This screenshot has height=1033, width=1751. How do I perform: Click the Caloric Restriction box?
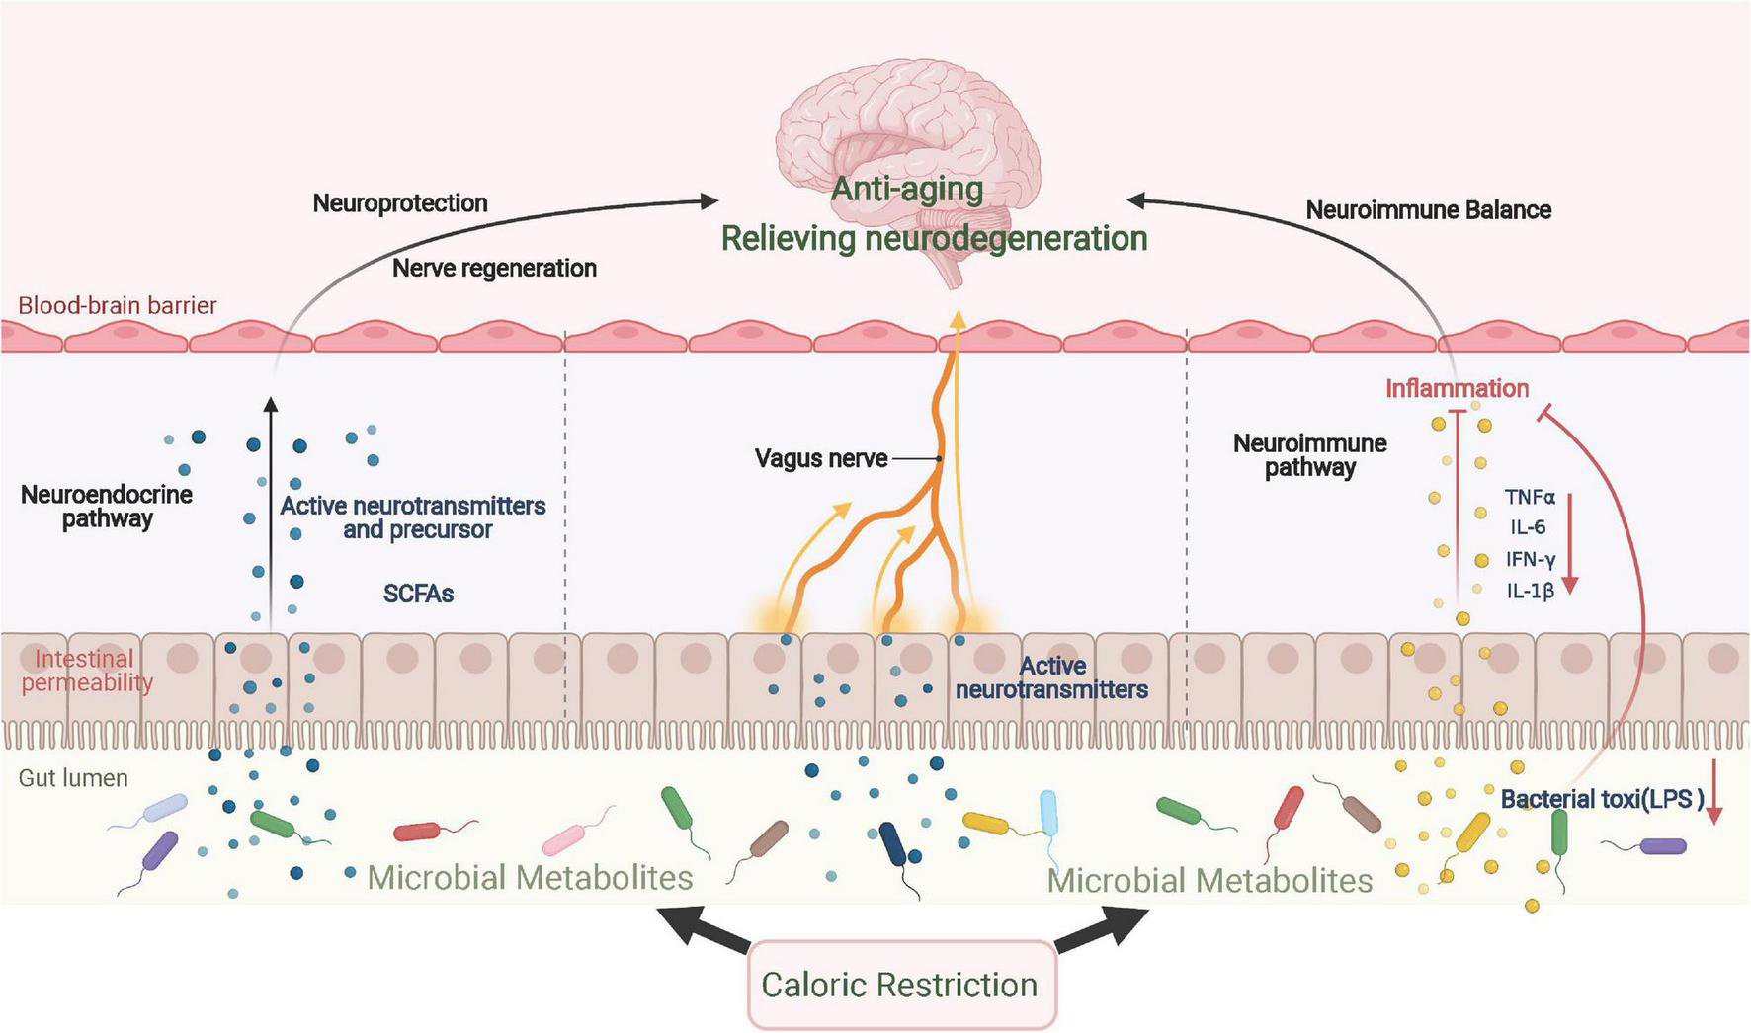tap(900, 985)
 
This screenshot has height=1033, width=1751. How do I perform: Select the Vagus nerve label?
tap(820, 458)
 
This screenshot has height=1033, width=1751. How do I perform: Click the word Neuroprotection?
tap(400, 203)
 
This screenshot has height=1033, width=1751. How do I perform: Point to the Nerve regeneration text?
tap(494, 268)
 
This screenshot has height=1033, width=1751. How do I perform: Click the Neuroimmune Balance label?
tap(1428, 209)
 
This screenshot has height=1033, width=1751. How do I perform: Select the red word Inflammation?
tap(1457, 388)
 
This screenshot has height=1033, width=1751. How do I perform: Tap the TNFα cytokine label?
tap(1530, 498)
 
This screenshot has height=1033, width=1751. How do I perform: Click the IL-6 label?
tap(1527, 527)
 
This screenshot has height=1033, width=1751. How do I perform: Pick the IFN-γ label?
tap(1531, 559)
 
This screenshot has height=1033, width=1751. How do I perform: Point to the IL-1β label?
tap(1530, 591)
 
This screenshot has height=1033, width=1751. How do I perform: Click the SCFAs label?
tap(418, 594)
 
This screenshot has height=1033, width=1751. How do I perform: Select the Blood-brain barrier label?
tap(117, 305)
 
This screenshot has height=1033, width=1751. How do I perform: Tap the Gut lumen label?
tap(73, 778)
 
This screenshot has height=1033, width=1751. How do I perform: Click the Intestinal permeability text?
tap(86, 671)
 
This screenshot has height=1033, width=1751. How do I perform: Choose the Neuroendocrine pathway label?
tap(107, 506)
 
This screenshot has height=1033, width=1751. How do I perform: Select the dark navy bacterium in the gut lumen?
tap(892, 845)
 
